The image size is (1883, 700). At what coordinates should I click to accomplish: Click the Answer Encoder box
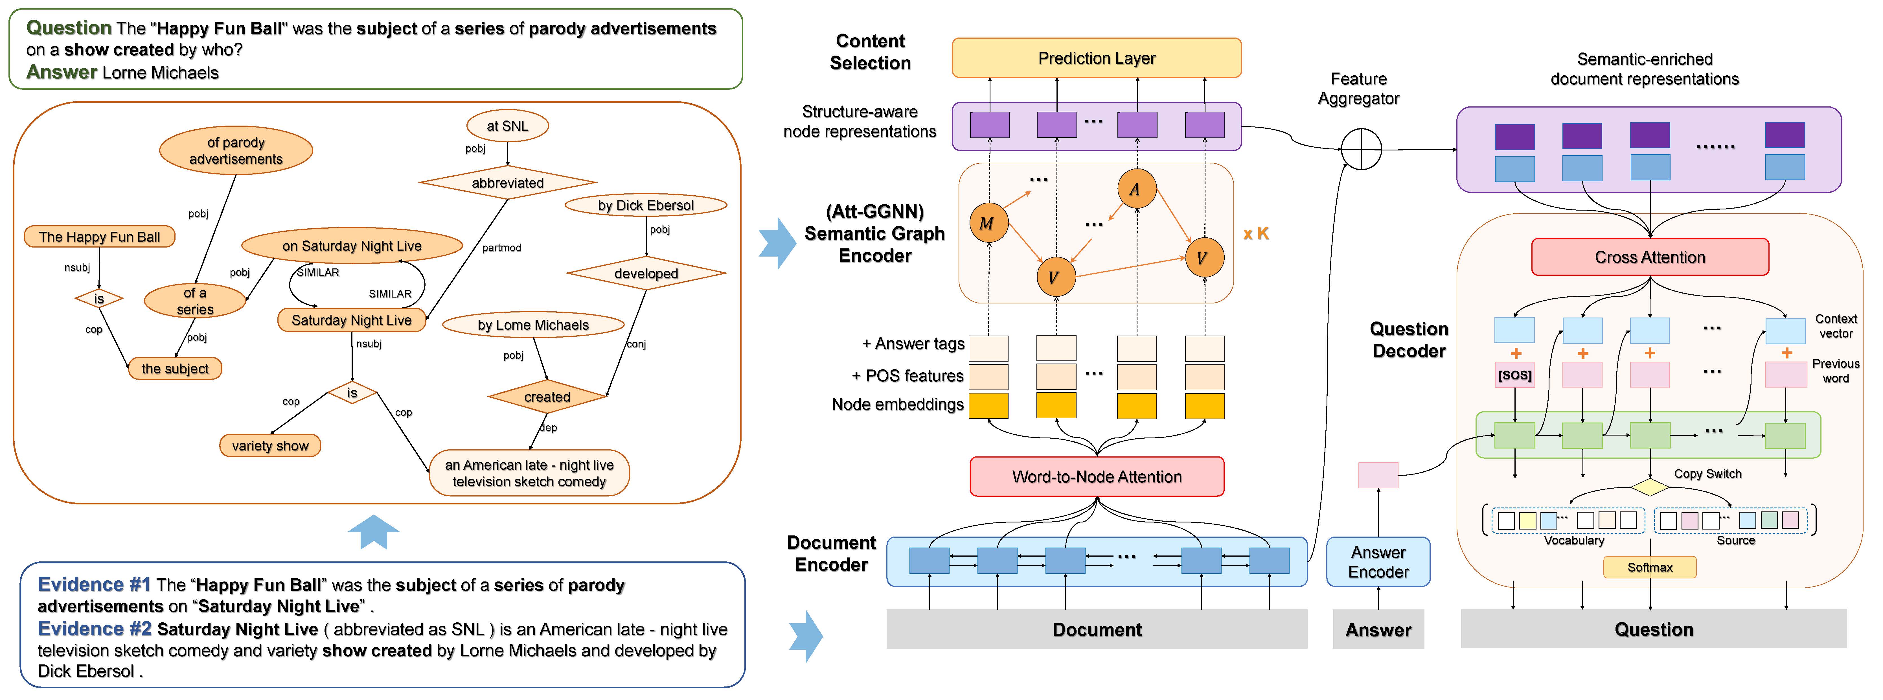pos(1378,562)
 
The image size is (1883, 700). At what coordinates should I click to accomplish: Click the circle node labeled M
pos(988,223)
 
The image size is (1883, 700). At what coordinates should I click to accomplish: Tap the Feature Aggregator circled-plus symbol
pos(1361,149)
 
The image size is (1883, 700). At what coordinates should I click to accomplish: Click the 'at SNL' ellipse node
pos(507,126)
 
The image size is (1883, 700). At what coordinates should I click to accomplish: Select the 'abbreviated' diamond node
pos(507,183)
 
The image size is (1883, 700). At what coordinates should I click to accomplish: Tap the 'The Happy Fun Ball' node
pos(99,237)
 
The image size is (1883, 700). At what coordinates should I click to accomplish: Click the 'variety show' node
pos(270,445)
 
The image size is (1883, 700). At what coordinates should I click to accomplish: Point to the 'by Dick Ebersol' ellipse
pos(645,205)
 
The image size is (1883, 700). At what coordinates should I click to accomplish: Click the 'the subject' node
pos(175,369)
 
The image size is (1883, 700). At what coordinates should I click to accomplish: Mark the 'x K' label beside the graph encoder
pos(1256,234)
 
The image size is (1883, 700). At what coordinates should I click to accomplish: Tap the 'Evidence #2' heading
pos(94,629)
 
